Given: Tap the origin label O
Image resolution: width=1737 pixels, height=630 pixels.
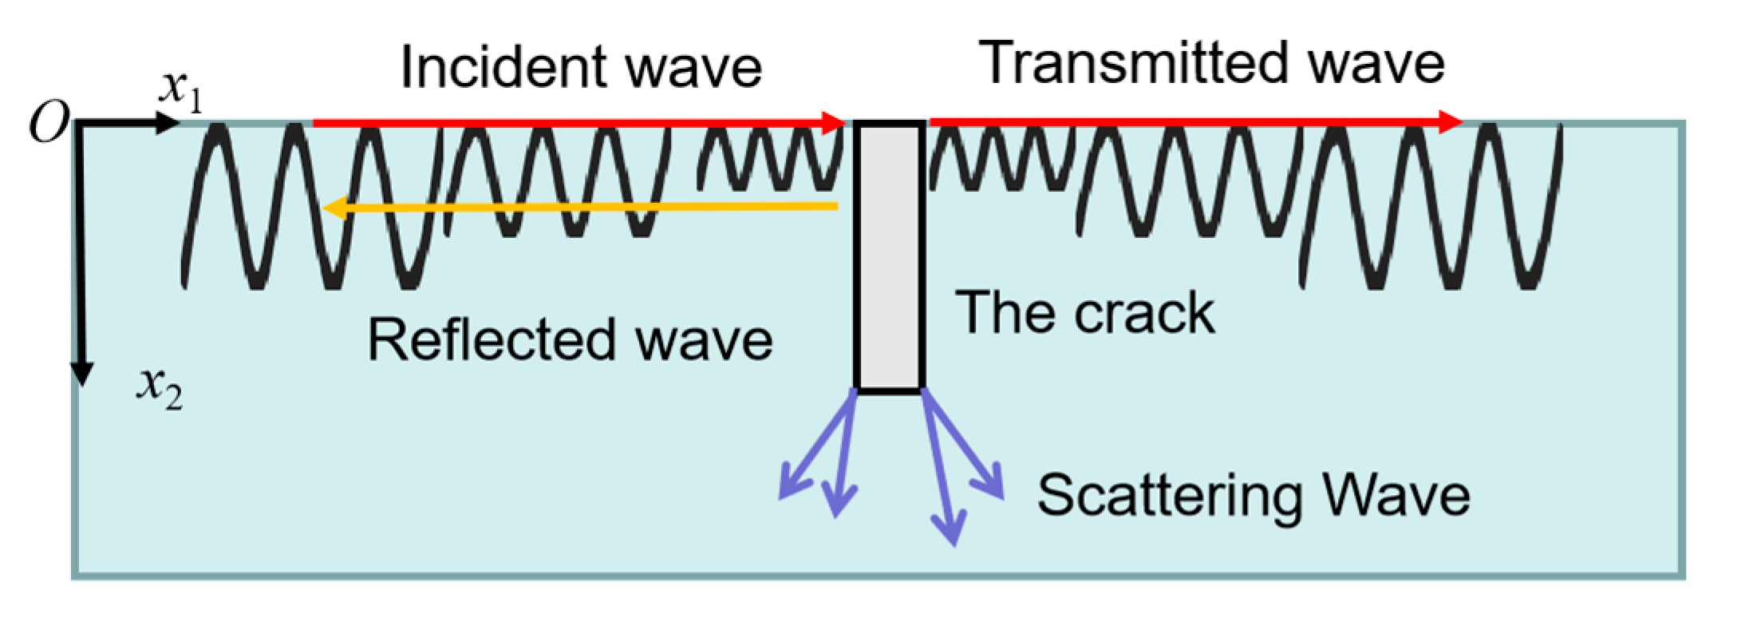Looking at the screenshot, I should tap(49, 125).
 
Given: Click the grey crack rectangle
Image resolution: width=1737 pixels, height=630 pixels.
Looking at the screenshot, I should tap(889, 256).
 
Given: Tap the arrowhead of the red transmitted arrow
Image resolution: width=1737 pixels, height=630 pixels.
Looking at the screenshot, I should tap(1451, 122).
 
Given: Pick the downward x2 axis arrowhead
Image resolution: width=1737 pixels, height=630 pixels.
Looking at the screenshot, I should tap(82, 374).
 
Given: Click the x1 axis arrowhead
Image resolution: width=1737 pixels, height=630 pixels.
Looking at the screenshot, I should tap(168, 123).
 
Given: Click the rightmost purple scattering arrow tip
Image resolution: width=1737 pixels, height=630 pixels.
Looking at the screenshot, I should tap(997, 491).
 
